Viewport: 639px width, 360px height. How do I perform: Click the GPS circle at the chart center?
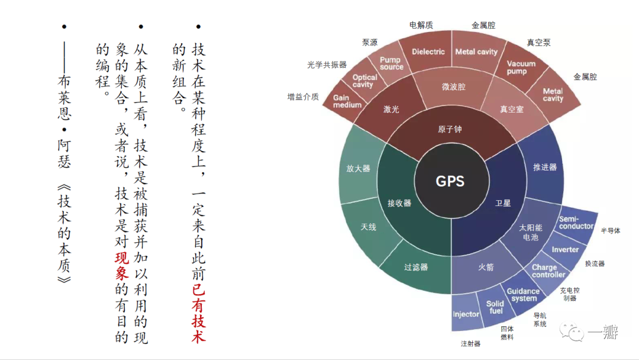[x=450, y=181]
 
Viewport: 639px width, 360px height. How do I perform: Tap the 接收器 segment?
[x=399, y=203]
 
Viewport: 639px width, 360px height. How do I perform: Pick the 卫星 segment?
[x=503, y=203]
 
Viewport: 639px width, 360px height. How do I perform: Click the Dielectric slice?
[x=428, y=52]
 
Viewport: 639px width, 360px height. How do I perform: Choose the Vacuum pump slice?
[x=521, y=67]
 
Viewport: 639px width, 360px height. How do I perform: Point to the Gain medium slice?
[x=347, y=101]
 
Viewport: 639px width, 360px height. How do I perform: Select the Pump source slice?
[x=391, y=63]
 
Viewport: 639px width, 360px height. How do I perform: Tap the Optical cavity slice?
[x=364, y=81]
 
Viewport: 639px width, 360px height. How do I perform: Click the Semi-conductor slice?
[x=576, y=223]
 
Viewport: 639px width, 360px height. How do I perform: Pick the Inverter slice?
[x=565, y=249]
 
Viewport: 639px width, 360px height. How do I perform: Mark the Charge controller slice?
[x=548, y=271]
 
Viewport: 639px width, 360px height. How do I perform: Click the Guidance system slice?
[x=523, y=294]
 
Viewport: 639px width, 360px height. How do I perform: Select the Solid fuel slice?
[x=495, y=307]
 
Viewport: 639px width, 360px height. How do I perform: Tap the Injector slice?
[x=466, y=314]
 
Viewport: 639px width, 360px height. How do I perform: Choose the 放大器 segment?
[x=359, y=168]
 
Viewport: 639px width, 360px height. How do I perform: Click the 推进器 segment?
[x=545, y=168]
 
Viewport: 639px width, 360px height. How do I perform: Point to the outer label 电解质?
[x=421, y=25]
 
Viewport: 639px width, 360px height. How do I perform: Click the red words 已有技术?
[x=199, y=313]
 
